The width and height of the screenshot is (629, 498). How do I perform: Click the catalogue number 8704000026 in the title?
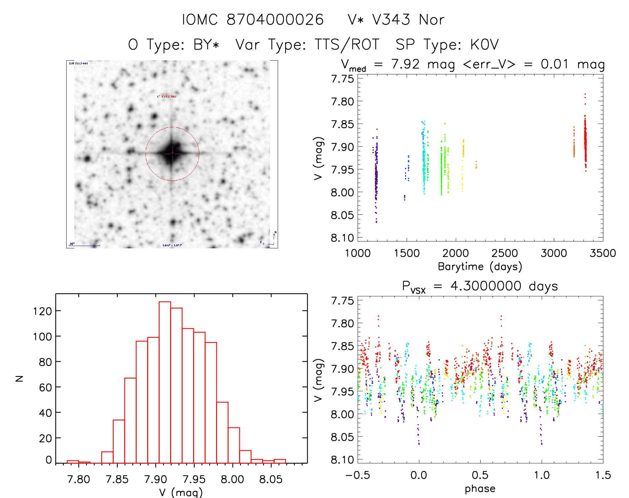pos(275,20)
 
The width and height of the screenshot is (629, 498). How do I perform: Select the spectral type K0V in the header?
pos(484,44)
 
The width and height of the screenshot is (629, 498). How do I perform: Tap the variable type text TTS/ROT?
pos(347,44)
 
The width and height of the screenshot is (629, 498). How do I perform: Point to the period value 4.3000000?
pos(486,286)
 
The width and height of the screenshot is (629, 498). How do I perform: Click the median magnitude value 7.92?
pos(405,64)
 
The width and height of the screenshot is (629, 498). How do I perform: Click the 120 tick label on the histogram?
pos(43,311)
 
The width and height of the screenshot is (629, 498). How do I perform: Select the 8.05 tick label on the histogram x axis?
pos(271,479)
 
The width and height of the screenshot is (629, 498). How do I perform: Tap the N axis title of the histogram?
pos(20,378)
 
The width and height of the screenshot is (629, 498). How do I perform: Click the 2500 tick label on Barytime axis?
pos(504,253)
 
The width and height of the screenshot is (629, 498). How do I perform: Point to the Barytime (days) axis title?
pos(480,266)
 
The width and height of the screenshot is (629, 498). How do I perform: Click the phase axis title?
pos(480,488)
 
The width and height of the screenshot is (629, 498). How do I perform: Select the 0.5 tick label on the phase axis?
pos(480,475)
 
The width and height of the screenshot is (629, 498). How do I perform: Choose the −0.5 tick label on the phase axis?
pos(358,475)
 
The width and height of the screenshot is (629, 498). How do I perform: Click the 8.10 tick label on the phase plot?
pos(342,460)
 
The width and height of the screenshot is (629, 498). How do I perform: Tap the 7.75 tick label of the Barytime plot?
pos(342,79)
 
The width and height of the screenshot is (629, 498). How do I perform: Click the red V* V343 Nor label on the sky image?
pos(167,96)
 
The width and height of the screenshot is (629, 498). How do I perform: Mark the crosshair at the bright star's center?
pos(172,153)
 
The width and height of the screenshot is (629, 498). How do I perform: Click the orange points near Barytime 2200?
pos(476,165)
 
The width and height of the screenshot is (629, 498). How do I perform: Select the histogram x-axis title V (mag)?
pos(181,492)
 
